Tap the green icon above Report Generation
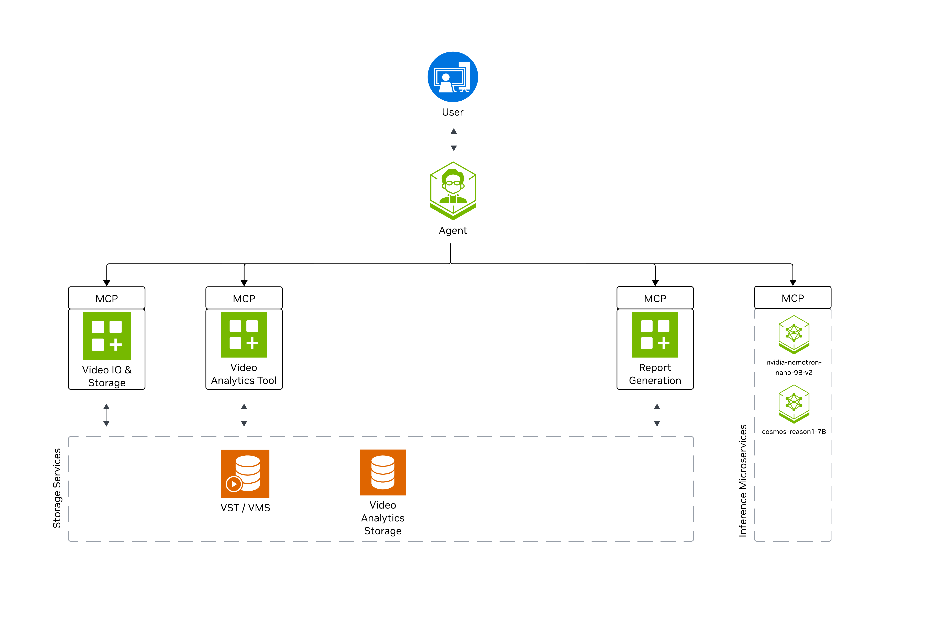click(655, 334)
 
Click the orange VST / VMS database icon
click(245, 474)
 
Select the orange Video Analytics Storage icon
click(382, 472)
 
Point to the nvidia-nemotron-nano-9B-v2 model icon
click(794, 334)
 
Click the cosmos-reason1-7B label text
click(794, 432)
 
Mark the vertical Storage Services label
click(57, 488)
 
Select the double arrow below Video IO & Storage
click(106, 415)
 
